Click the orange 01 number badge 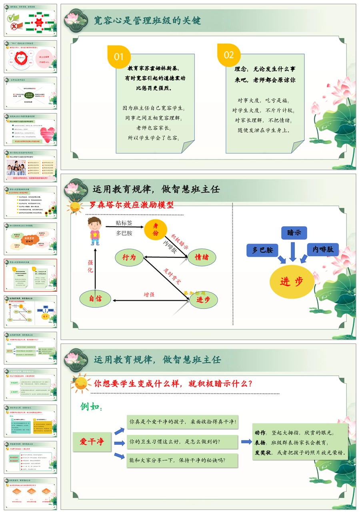(x=119, y=57)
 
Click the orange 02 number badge (x=229, y=55)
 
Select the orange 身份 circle (x=156, y=230)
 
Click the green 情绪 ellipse (x=202, y=257)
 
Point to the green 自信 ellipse (x=95, y=299)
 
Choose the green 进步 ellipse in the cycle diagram (x=204, y=300)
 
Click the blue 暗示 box (x=294, y=233)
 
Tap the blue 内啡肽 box (x=323, y=249)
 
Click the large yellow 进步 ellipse (x=292, y=281)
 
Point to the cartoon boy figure (x=94, y=231)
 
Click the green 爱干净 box (x=92, y=442)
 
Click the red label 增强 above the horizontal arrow (x=149, y=295)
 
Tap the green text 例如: (x=91, y=407)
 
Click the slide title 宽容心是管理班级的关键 (x=147, y=20)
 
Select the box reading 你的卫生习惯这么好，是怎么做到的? (x=182, y=442)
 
